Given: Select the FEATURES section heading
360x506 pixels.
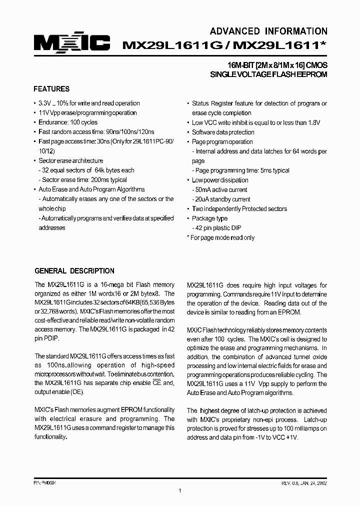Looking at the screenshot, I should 51,89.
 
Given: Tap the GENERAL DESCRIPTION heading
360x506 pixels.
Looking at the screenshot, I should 74,271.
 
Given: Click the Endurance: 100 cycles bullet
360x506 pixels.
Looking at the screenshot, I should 68,122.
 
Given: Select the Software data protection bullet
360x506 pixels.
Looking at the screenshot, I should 223,132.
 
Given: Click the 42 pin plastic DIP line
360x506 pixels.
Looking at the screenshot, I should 218,228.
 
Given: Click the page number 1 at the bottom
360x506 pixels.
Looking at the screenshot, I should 179,491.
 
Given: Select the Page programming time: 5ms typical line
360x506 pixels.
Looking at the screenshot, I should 240,170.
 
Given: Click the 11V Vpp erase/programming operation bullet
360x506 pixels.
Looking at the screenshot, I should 87,113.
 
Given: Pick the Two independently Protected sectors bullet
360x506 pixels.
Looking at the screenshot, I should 239,209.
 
